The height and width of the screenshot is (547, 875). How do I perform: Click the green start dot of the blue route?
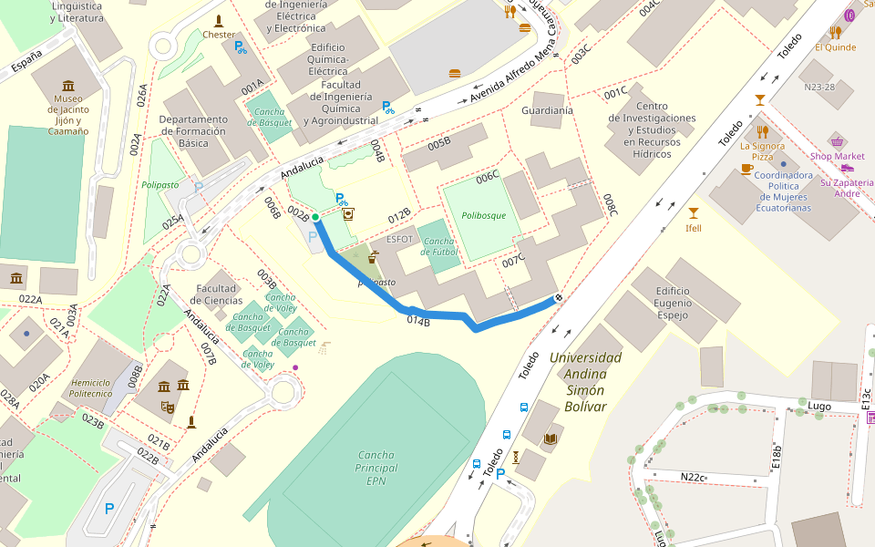314,217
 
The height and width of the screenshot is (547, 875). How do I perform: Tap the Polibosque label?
483,216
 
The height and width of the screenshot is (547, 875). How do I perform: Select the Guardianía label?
547,110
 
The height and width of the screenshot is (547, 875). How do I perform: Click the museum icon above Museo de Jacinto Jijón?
68,86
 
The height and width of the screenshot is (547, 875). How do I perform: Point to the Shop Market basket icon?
837,141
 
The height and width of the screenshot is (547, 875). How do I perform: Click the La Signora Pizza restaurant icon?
763,131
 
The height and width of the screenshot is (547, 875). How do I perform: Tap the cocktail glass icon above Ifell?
694,212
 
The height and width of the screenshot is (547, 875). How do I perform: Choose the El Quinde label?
835,47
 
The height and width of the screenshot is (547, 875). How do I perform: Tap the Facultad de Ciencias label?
217,294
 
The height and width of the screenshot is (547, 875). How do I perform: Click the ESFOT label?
399,239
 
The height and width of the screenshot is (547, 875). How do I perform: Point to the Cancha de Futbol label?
438,246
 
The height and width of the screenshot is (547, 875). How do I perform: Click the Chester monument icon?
219,21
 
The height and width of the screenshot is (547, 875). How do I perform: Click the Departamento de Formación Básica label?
193,131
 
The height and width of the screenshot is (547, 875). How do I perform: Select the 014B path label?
418,321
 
